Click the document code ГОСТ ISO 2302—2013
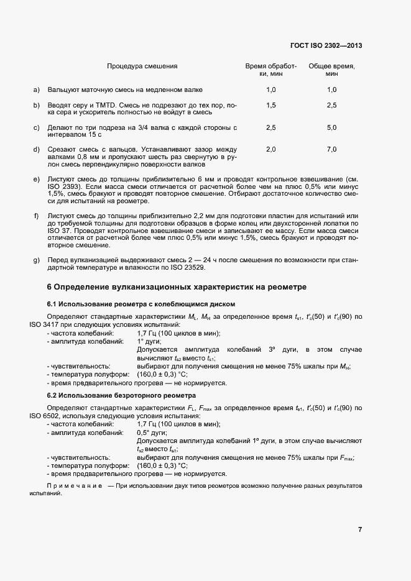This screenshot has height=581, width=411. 326,45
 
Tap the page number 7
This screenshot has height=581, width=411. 360,529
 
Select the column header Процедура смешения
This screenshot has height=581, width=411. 142,66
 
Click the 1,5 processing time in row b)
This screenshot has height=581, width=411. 270,106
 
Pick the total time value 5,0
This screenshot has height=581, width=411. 331,127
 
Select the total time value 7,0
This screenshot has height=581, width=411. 331,149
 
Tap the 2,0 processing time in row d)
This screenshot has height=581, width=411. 270,149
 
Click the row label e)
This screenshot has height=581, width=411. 36,179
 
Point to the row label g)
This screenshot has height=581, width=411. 36,260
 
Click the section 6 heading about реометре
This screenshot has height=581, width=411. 177,287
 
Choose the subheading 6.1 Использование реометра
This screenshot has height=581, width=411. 141,304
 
